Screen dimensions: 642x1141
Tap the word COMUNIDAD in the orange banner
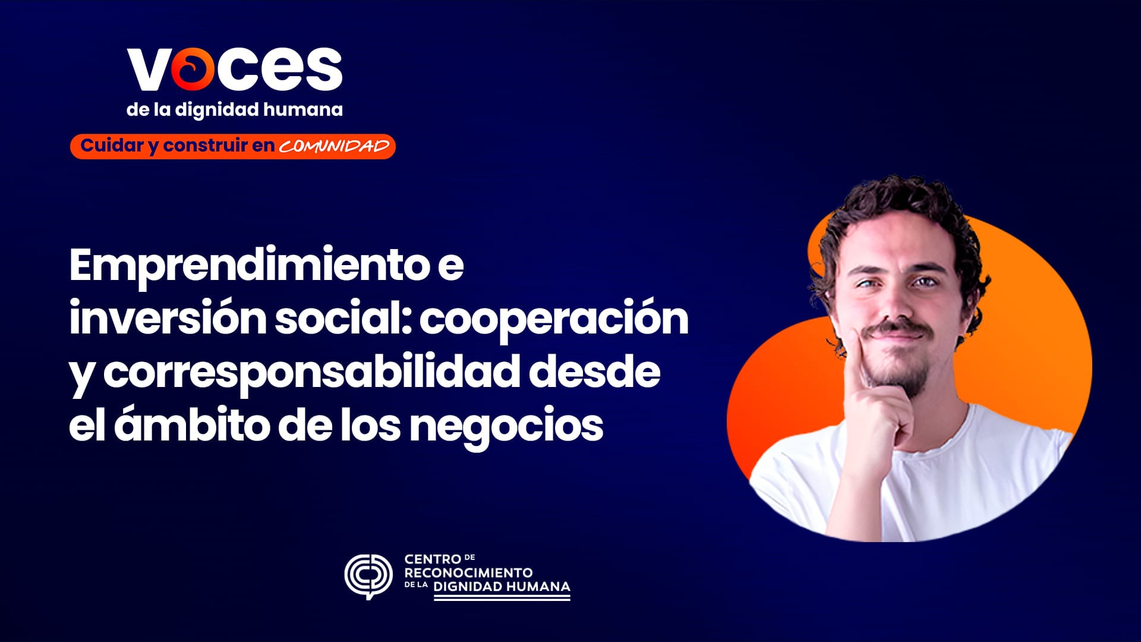(334, 146)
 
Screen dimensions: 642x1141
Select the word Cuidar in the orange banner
(112, 146)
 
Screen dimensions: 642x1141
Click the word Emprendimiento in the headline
(250, 265)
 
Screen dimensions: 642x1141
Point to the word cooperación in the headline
(554, 319)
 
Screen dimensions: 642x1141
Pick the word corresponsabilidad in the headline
(311, 372)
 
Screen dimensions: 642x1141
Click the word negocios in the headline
(506, 425)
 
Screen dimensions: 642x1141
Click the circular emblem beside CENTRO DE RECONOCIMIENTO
(368, 576)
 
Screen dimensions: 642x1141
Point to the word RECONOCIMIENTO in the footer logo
(468, 573)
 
